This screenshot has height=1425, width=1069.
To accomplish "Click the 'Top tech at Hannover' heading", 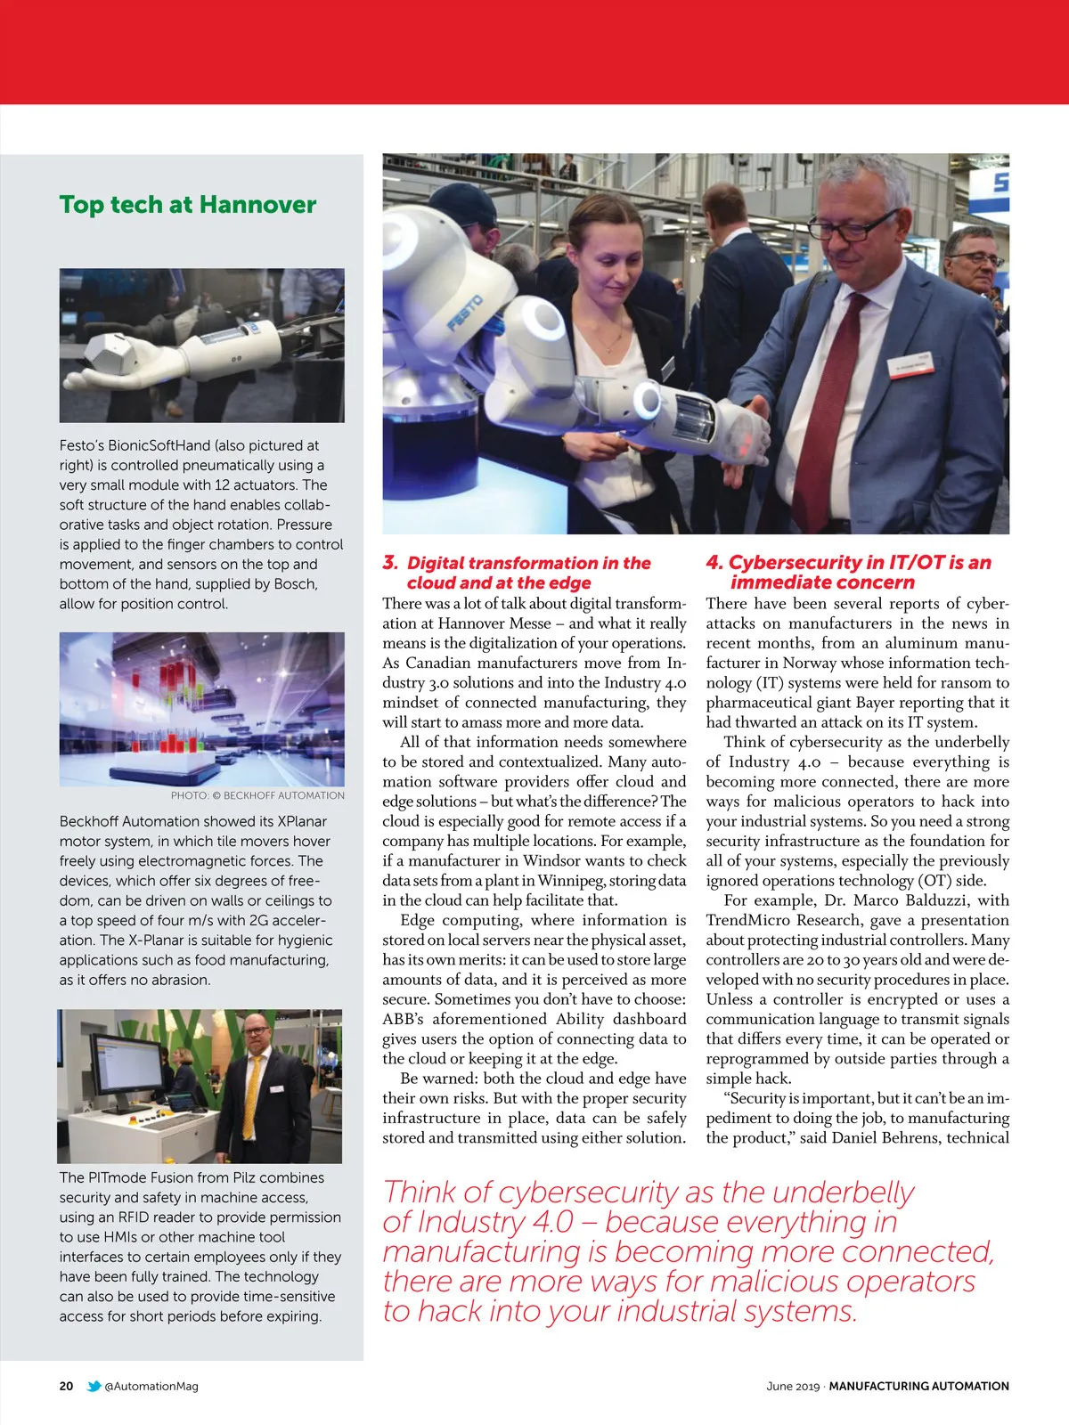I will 188,205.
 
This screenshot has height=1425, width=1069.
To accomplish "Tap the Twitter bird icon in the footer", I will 94,1386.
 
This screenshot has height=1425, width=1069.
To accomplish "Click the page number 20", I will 67,1386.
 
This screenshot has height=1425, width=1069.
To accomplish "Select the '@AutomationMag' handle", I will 151,1386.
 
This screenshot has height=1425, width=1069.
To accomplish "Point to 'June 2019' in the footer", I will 792,1386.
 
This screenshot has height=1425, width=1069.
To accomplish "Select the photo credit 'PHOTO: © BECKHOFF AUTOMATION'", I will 257,795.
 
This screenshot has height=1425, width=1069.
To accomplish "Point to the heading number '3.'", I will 390,563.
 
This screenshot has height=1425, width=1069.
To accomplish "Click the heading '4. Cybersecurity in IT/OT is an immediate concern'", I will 848,572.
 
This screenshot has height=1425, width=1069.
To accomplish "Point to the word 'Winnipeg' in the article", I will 567,881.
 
